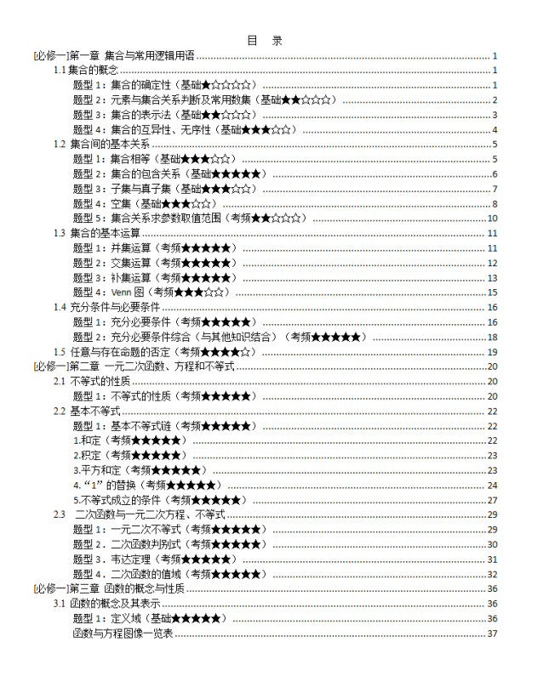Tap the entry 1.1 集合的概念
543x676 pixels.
[86, 71]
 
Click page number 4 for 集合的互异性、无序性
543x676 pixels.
[494, 130]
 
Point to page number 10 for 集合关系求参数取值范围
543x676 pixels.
[492, 219]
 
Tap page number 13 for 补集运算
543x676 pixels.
[492, 278]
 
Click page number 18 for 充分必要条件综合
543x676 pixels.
[492, 337]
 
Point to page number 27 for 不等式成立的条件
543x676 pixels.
[492, 500]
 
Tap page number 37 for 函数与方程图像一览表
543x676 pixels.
[492, 633]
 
